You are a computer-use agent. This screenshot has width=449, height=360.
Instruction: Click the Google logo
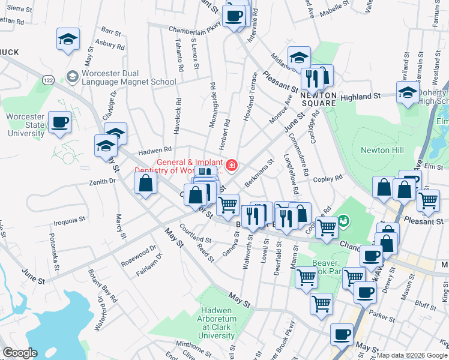pos(20,353)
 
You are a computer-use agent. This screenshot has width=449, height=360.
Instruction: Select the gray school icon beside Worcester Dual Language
pos(73,76)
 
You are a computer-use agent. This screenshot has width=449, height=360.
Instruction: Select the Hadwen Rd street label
pos(155,150)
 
